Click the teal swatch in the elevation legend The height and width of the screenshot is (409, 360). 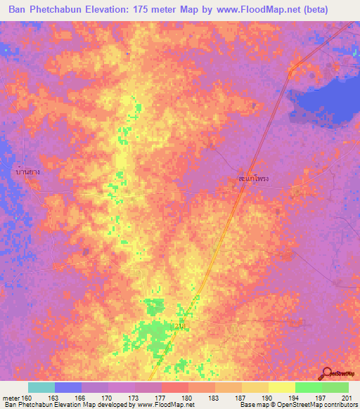(41, 387)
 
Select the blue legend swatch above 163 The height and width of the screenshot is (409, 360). (68, 387)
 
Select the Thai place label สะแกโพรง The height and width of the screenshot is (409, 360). (252, 180)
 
